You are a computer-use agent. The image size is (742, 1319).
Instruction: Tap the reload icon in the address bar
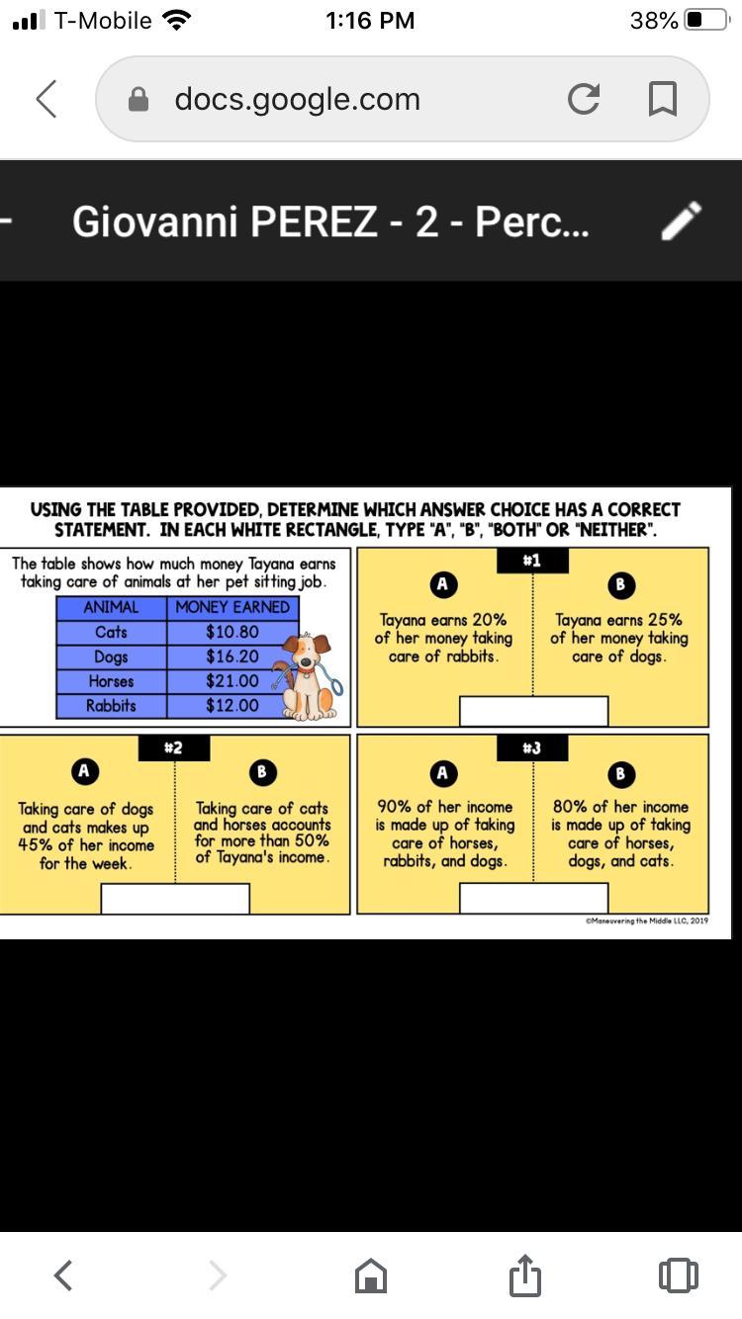tap(584, 99)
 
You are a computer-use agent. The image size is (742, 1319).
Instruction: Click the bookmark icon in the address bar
tap(663, 99)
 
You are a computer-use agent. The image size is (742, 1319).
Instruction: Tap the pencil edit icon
tap(682, 220)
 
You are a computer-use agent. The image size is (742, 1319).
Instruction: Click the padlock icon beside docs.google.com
tap(139, 99)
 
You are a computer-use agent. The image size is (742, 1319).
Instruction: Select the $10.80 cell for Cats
tap(232, 632)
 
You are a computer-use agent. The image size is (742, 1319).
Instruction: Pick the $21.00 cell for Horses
tap(232, 681)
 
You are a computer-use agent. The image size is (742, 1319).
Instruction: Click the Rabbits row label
tap(111, 705)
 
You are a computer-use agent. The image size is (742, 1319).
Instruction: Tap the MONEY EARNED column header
tap(232, 607)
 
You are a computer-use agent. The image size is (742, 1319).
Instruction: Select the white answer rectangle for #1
tap(533, 711)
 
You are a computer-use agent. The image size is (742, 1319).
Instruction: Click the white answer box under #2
tap(175, 899)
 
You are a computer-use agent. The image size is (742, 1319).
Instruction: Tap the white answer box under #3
tap(533, 899)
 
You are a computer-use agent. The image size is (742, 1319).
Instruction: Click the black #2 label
tap(174, 747)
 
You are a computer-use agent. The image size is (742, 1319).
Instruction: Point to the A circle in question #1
tap(443, 584)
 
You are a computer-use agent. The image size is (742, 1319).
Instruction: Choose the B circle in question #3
tap(620, 773)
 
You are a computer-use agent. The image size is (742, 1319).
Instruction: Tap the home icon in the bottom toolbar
tap(371, 1276)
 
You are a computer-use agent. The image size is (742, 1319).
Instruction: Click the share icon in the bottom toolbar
tap(524, 1275)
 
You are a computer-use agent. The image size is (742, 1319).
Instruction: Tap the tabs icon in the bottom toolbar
tap(679, 1276)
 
